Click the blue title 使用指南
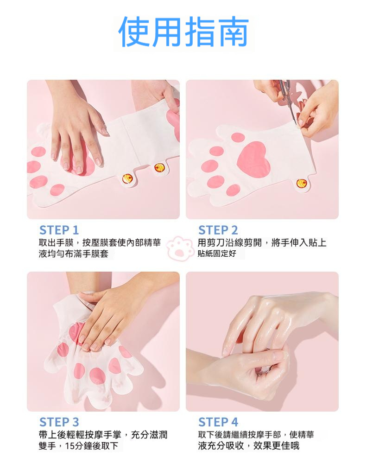click(x=183, y=32)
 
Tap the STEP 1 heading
click(x=59, y=230)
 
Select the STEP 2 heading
click(x=218, y=230)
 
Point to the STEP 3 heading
click(x=59, y=422)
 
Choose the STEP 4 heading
click(x=218, y=422)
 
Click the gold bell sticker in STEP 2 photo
click(x=302, y=183)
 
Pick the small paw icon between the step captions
click(x=179, y=248)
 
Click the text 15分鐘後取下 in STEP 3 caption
click(x=92, y=446)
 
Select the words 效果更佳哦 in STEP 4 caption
click(x=276, y=446)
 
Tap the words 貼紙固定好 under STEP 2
click(x=217, y=254)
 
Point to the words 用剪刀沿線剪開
click(x=230, y=242)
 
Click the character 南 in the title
click(x=233, y=32)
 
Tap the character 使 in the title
click(x=134, y=32)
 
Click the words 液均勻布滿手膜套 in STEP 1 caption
click(x=74, y=254)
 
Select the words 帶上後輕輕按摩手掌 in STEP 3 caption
click(x=80, y=434)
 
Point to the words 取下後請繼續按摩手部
click(x=240, y=434)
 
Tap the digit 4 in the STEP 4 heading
click(x=234, y=422)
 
